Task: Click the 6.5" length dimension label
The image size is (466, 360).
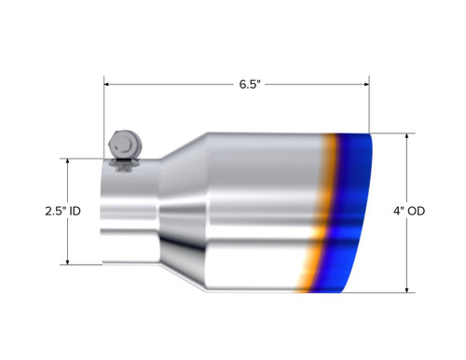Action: click(x=248, y=84)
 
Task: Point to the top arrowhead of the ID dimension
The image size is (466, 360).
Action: click(x=68, y=160)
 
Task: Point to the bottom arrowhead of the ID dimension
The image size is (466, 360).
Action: click(x=68, y=261)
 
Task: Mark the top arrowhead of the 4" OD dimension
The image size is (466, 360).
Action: click(x=407, y=135)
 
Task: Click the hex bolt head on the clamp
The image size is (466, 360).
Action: click(x=123, y=145)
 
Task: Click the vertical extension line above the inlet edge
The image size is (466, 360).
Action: click(x=103, y=121)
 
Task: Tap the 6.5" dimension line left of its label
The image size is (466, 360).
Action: click(x=168, y=84)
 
